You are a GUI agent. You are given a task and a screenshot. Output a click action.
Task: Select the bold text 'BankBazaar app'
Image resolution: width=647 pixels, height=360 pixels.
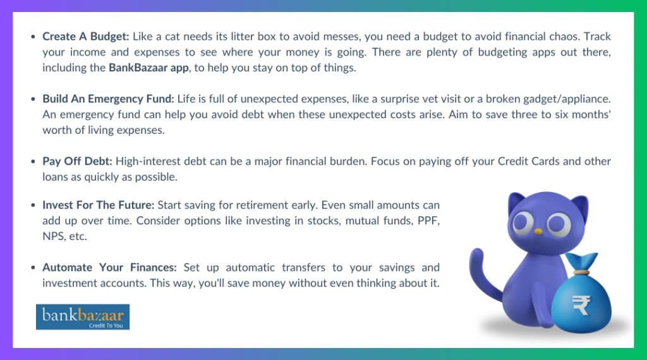pyautogui.click(x=148, y=67)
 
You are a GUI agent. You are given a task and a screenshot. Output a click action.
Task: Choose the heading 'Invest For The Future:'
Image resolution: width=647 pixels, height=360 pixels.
pyautogui.click(x=99, y=205)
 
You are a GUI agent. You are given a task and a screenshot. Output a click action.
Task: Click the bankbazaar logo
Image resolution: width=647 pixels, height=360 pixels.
pyautogui.click(x=83, y=316)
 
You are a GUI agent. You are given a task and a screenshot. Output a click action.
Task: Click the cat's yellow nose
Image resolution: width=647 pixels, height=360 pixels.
pyautogui.click(x=537, y=231)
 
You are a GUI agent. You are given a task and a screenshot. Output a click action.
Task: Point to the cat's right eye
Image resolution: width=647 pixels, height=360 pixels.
pyautogui.click(x=559, y=225)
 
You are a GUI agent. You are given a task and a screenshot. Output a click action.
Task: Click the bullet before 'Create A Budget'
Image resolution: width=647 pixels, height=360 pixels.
pyautogui.click(x=33, y=37)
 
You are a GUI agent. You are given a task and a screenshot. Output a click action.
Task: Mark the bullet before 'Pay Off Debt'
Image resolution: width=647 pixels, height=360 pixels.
pyautogui.click(x=33, y=162)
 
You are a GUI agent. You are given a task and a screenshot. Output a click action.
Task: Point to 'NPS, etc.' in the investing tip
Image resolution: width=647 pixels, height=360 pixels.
pyautogui.click(x=64, y=237)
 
